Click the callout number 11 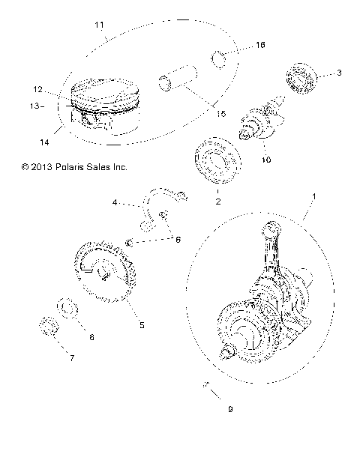(x=99, y=25)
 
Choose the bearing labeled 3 (x=304, y=77)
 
